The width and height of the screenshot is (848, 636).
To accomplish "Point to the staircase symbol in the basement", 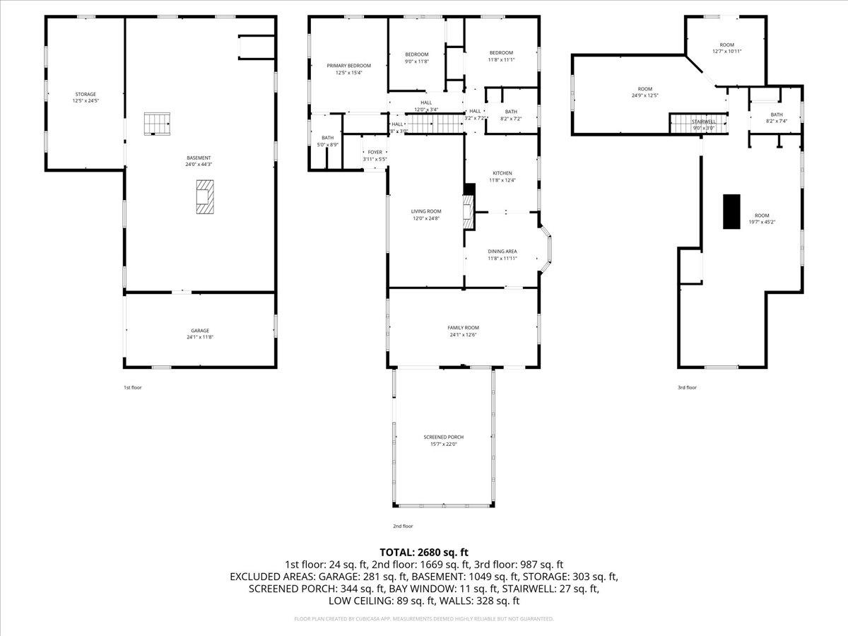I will [x=158, y=123].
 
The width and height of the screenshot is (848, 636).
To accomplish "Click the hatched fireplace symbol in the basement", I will [x=204, y=196].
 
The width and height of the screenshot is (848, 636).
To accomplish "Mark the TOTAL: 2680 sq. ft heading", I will [x=424, y=552].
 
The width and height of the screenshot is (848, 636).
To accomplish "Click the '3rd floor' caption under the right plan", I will [x=687, y=387].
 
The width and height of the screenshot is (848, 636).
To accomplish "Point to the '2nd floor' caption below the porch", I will [x=403, y=526].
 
